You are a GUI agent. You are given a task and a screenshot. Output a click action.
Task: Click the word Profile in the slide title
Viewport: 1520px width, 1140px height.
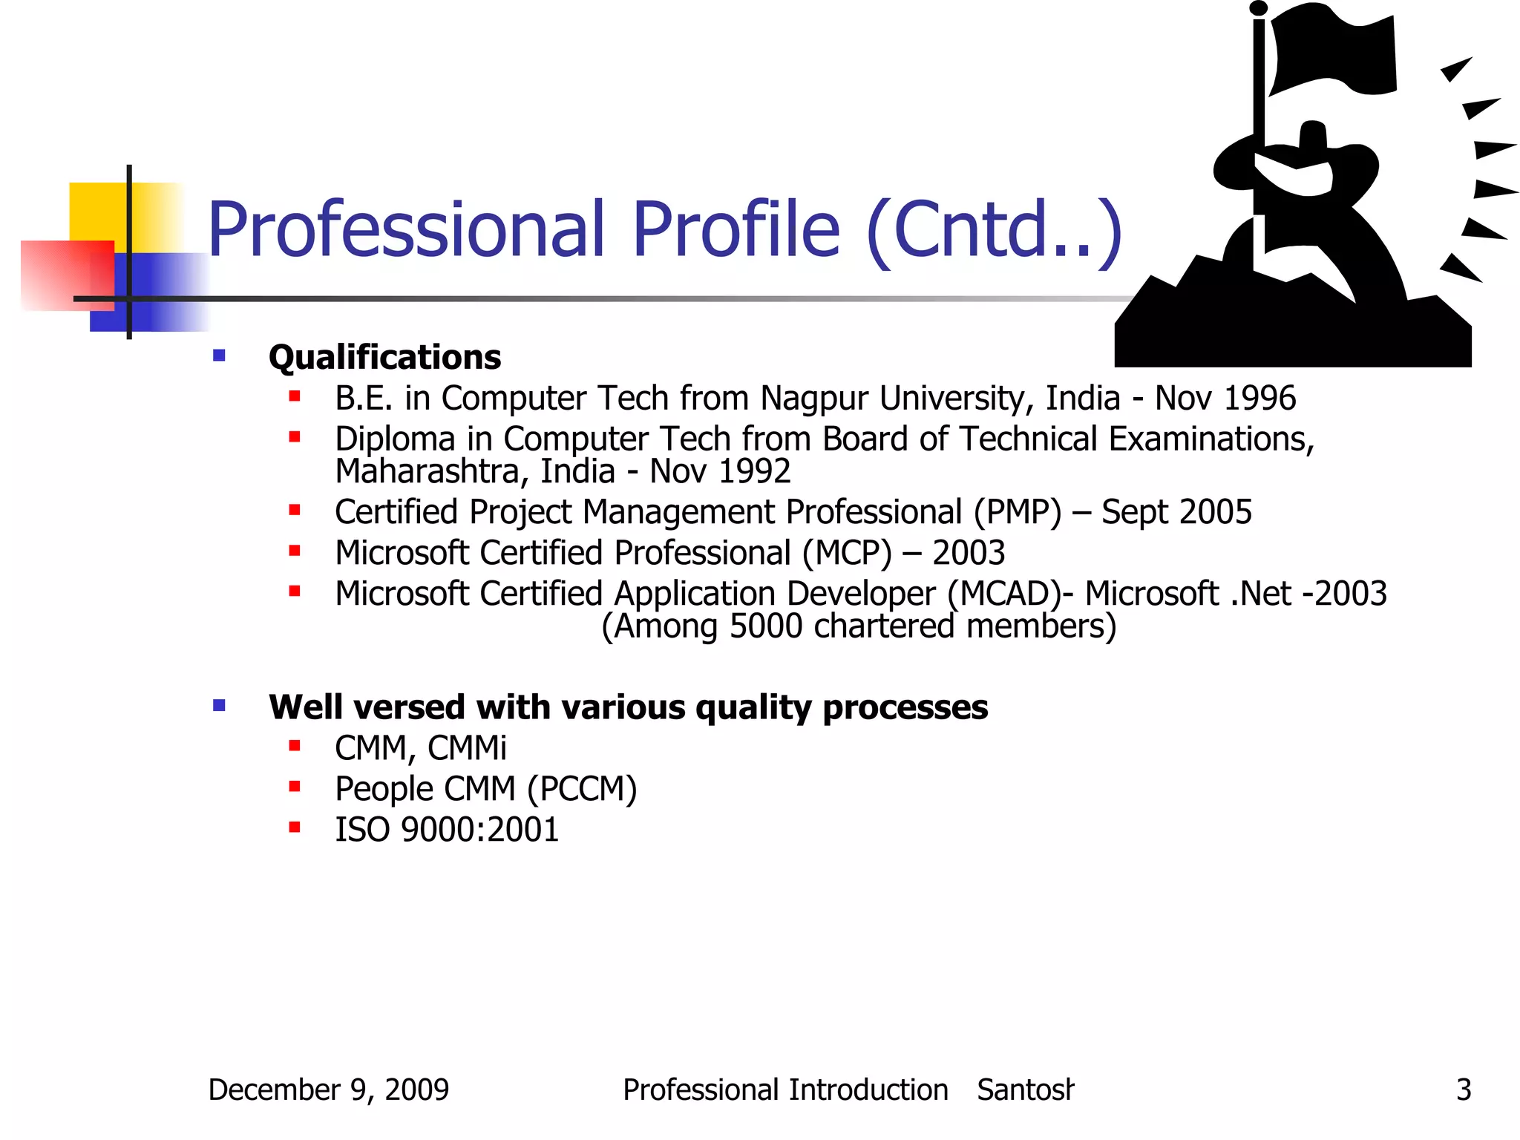[x=736, y=230]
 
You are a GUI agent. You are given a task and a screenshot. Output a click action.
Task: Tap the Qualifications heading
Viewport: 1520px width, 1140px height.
[x=384, y=358]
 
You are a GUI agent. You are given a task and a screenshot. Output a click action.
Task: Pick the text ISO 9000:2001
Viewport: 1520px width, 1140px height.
[x=446, y=830]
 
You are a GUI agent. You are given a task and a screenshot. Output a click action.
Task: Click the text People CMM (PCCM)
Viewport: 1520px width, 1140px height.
[x=485, y=789]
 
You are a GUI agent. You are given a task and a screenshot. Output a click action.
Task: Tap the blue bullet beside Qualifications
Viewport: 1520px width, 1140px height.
[x=219, y=356]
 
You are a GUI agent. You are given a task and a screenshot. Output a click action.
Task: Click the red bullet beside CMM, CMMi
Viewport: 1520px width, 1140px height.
[x=295, y=746]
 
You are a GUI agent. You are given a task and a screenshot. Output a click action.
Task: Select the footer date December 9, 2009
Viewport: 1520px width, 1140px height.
[x=328, y=1090]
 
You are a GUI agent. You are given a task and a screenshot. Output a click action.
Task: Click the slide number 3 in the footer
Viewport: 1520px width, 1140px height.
[x=1463, y=1090]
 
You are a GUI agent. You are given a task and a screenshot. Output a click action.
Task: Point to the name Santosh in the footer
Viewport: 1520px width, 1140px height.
[x=1024, y=1090]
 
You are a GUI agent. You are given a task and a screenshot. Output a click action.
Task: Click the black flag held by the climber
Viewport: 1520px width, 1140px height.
[x=1332, y=52]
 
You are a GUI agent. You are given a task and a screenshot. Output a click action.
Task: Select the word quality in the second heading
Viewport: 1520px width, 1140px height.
[x=753, y=707]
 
